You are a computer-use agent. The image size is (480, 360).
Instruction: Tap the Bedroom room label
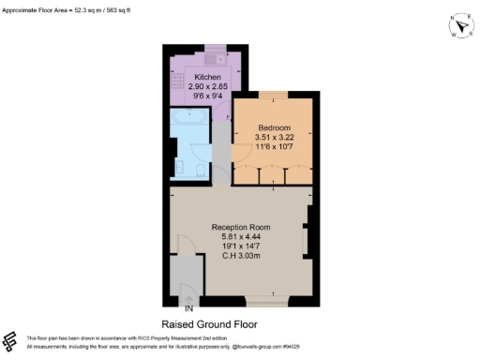pyautogui.click(x=274, y=127)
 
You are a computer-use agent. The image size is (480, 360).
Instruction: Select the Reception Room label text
pyautogui.click(x=240, y=228)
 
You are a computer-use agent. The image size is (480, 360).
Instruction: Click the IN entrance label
pyautogui.click(x=188, y=307)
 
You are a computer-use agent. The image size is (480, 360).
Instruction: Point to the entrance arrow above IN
pyautogui.click(x=188, y=297)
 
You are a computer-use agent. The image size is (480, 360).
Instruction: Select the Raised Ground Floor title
pyautogui.click(x=240, y=322)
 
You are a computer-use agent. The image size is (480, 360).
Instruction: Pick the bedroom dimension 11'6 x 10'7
pyautogui.click(x=274, y=146)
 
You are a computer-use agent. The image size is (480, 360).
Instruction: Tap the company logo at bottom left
pyautogui.click(x=11, y=340)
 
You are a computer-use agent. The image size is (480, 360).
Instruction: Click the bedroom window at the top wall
pyautogui.click(x=274, y=94)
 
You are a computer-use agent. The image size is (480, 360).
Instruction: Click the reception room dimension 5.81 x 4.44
pyautogui.click(x=240, y=237)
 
